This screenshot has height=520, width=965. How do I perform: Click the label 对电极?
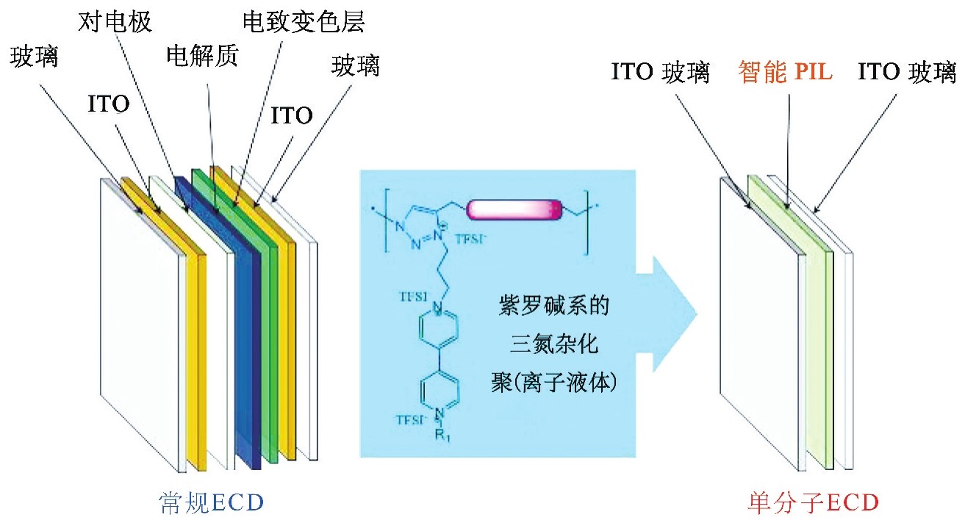[x=115, y=22]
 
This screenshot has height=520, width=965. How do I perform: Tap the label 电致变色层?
[x=304, y=23]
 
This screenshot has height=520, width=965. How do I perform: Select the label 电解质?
[x=202, y=57]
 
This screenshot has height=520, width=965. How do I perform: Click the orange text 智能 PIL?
[x=785, y=72]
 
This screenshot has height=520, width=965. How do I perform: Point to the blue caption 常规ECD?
[x=212, y=502]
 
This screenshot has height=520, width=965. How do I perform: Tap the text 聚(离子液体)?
[x=551, y=382]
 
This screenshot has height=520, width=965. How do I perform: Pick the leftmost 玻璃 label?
[x=35, y=57]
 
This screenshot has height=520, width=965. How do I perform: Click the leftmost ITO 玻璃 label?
[x=661, y=73]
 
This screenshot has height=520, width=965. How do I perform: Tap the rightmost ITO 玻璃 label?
[x=907, y=73]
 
